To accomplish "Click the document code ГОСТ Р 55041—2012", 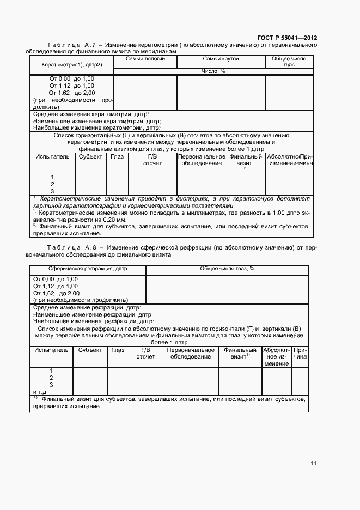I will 286,38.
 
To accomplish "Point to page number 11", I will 314,463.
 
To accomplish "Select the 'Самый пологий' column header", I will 145,59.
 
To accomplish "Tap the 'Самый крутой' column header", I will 221,59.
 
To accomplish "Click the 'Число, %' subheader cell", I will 213,71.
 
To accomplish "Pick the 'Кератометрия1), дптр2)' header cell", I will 71,65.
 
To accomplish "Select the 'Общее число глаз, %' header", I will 227,269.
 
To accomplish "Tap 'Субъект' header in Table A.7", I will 90,156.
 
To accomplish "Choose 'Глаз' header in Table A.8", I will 117,350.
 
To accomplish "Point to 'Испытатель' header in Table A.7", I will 52,156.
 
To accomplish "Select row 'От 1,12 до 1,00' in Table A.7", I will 71,86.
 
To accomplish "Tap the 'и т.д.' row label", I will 41,392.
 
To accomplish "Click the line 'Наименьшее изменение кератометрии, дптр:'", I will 90,121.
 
